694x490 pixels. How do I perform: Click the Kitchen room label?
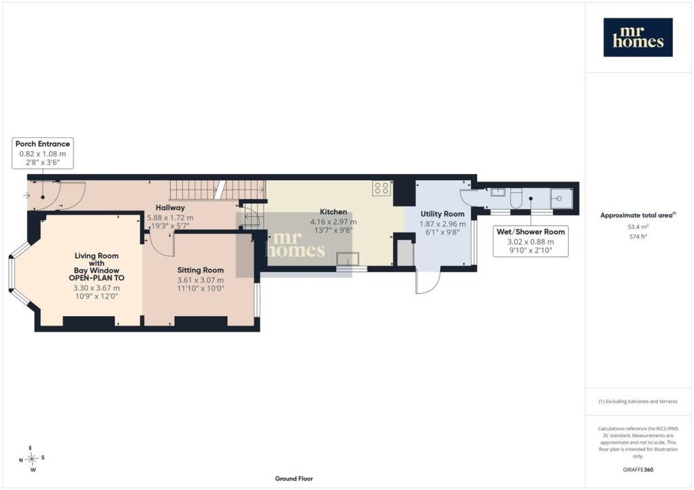tap(333, 212)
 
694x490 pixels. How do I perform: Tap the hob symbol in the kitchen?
tap(382, 189)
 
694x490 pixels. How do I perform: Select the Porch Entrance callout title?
tap(43, 143)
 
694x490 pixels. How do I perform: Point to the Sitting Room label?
tap(201, 270)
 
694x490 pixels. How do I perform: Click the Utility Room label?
tap(442, 214)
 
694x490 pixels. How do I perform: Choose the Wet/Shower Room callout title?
tap(530, 231)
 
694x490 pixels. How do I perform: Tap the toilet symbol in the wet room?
tap(516, 198)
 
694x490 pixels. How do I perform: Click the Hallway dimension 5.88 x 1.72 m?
tap(170, 218)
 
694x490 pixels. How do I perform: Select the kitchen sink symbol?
tap(348, 259)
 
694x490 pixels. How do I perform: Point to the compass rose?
tap(32, 459)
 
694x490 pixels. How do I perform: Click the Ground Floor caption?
tap(294, 478)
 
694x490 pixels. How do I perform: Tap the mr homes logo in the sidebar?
tap(638, 37)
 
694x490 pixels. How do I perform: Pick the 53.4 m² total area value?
tap(638, 227)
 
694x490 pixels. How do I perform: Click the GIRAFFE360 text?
tap(638, 470)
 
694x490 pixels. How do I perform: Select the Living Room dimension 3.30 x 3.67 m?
tap(96, 288)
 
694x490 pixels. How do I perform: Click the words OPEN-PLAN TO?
tap(96, 278)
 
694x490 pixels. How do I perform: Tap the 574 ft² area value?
tap(638, 236)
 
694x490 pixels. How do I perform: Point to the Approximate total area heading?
tap(638, 216)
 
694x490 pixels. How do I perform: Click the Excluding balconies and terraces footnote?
tap(638, 401)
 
